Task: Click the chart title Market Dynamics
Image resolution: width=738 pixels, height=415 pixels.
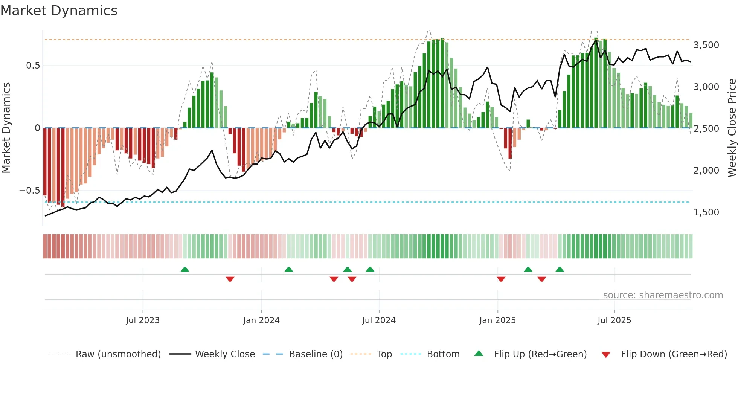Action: [59, 11]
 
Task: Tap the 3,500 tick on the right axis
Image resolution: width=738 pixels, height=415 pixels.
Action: [706, 45]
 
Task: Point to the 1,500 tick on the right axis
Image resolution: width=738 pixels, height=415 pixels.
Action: [706, 212]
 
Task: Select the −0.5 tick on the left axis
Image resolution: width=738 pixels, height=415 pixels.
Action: [29, 191]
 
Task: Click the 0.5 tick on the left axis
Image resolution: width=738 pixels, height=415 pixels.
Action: [33, 66]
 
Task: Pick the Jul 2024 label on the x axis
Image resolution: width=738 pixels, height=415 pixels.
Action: [379, 320]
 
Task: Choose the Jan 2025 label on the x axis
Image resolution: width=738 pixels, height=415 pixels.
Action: [497, 320]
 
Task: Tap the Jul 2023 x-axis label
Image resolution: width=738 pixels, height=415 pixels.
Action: [143, 320]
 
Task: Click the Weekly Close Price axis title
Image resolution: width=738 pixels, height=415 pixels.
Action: [732, 128]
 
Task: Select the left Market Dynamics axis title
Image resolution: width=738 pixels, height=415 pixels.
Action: [6, 128]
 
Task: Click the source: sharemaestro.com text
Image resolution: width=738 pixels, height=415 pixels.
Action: [663, 295]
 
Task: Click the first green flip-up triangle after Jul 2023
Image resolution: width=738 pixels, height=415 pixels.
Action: [184, 270]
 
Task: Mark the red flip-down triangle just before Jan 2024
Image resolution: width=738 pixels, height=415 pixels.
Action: [230, 279]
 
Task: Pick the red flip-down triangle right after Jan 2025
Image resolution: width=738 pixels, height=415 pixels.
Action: [501, 279]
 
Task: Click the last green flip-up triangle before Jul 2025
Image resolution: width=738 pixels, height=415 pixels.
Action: [560, 270]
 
